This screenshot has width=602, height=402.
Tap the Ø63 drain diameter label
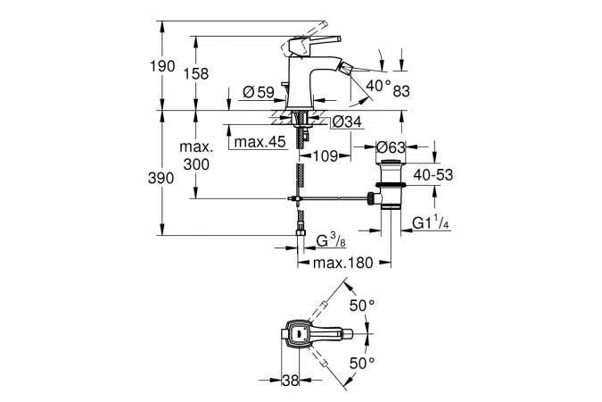pos(392,147)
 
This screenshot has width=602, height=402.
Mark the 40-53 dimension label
pos(433,177)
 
